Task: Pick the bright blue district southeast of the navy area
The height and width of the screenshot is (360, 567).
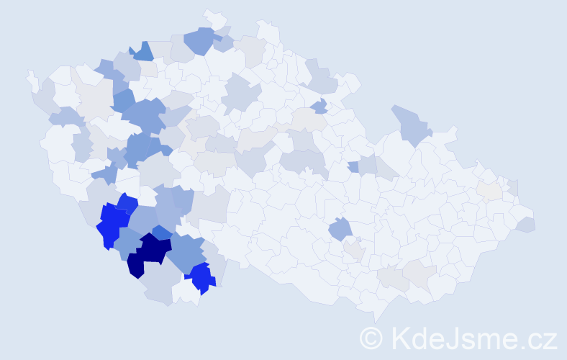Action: click(x=201, y=277)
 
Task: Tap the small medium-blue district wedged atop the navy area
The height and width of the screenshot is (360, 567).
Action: click(x=162, y=232)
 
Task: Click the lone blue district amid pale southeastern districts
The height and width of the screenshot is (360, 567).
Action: click(x=340, y=230)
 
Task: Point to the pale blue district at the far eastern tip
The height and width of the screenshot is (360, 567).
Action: click(x=526, y=224)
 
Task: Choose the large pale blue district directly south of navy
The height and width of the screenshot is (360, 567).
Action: click(x=161, y=285)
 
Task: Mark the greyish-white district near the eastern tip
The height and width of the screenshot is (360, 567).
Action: click(x=490, y=190)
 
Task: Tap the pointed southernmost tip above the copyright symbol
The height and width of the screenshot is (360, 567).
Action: click(x=375, y=315)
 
